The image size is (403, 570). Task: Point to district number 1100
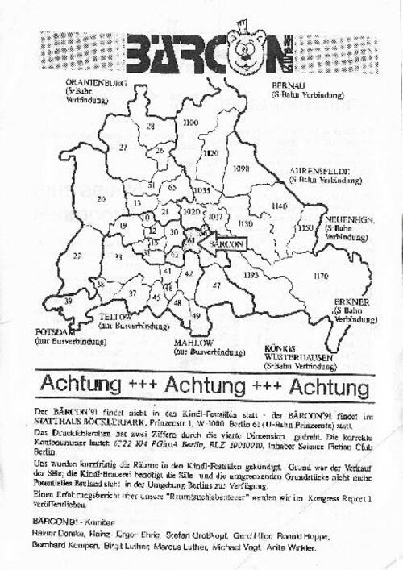(191, 123)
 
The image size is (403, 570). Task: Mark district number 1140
(280, 206)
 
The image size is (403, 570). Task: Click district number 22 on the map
(77, 256)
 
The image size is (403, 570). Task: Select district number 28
(150, 127)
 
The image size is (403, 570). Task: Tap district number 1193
(250, 276)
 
